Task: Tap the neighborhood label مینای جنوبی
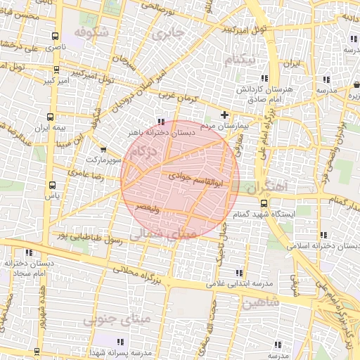(x=116, y=321)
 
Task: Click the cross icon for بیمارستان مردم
(x=224, y=115)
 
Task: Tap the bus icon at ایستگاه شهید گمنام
(x=264, y=203)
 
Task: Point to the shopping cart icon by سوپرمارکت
(x=104, y=149)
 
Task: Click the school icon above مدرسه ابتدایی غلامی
(x=240, y=273)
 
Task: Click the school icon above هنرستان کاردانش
(x=264, y=78)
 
